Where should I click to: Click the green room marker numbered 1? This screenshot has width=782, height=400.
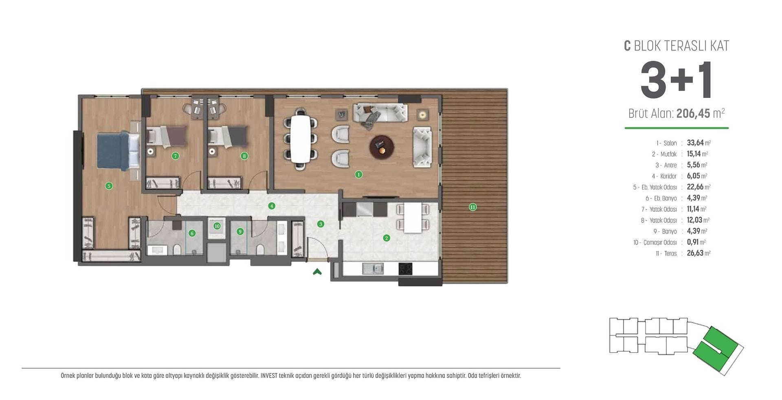tap(358, 174)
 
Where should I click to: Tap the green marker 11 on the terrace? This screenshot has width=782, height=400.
tap(472, 207)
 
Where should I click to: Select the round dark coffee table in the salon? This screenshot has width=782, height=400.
tap(382, 147)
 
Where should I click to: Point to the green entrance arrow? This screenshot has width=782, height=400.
tap(317, 271)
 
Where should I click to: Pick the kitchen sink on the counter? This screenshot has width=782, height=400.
tap(373, 268)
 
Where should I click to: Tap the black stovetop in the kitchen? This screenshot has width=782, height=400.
tap(405, 268)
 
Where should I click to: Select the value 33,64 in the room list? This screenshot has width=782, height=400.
tap(695, 143)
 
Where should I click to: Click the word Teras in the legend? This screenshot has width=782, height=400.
tap(670, 253)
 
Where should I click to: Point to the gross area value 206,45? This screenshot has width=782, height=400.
tap(693, 113)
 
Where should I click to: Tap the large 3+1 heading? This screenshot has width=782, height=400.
tap(677, 80)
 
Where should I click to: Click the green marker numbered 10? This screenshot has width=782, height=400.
tap(217, 226)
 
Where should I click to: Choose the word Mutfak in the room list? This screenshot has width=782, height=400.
tap(668, 154)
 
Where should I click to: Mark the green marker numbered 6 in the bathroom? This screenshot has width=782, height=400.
tap(192, 233)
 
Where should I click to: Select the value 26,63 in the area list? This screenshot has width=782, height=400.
tap(695, 253)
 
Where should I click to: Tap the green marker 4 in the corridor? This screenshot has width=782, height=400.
tap(272, 206)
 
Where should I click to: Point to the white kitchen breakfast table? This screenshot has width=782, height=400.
tap(413, 218)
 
